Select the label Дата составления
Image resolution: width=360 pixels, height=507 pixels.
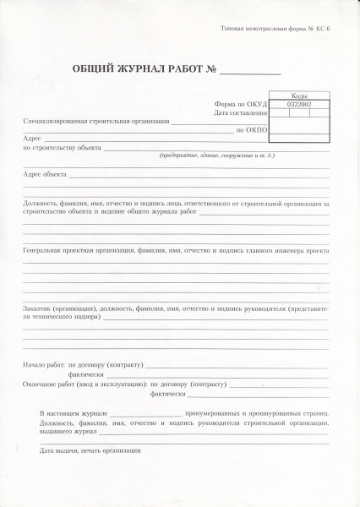241,112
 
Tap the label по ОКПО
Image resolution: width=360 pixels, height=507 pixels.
252,131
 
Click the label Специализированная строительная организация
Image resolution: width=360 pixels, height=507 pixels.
96,122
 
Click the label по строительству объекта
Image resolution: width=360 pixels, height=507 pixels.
63,147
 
